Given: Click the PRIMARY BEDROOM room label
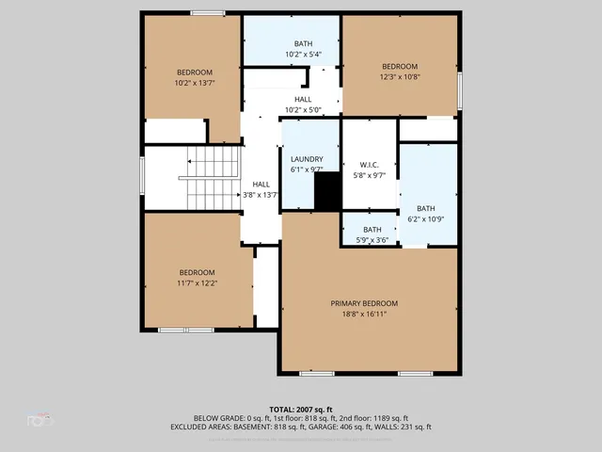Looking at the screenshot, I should click(x=364, y=303).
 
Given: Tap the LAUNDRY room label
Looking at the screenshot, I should click(x=307, y=159).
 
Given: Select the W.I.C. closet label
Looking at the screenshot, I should click(x=368, y=164).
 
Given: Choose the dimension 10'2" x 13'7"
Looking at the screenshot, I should click(x=195, y=83).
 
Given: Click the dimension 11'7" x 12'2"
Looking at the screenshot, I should click(x=198, y=282).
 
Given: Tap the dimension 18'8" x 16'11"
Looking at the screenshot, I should click(x=364, y=314).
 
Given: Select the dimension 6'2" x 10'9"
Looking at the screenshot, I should click(x=426, y=219).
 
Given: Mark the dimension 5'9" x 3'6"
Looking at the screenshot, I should click(x=372, y=240).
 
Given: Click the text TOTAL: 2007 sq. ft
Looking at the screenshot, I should click(x=300, y=410).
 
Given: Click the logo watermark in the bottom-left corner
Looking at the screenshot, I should click(x=40, y=420).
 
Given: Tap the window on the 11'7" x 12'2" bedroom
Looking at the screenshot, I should click(x=185, y=330).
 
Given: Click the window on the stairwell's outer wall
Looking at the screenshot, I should click(x=141, y=179).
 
